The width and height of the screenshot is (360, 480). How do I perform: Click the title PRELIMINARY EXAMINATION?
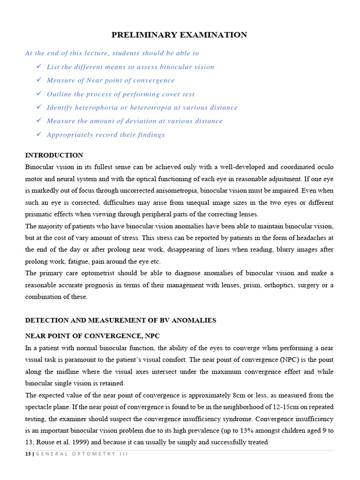(179, 35)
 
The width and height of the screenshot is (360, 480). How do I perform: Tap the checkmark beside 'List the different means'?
(39, 67)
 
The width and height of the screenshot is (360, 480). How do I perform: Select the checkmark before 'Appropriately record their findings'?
(39, 135)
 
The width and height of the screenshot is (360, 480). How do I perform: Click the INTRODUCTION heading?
(54, 155)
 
